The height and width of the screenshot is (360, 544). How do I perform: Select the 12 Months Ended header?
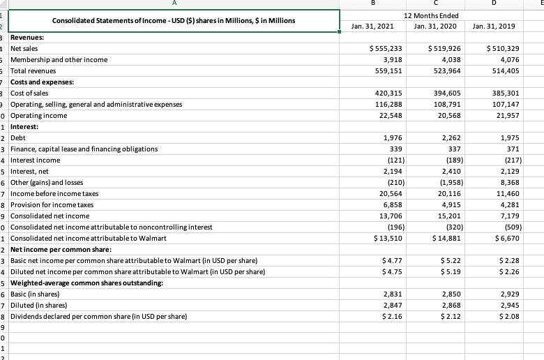[429, 15]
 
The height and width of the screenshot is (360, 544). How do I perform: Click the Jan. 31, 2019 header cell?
[494, 27]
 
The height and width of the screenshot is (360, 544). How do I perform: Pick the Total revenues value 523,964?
[437, 71]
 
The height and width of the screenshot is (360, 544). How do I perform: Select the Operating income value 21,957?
[501, 116]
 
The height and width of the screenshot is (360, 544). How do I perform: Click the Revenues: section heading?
[27, 38]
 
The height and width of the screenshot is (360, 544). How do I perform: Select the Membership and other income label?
[59, 60]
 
